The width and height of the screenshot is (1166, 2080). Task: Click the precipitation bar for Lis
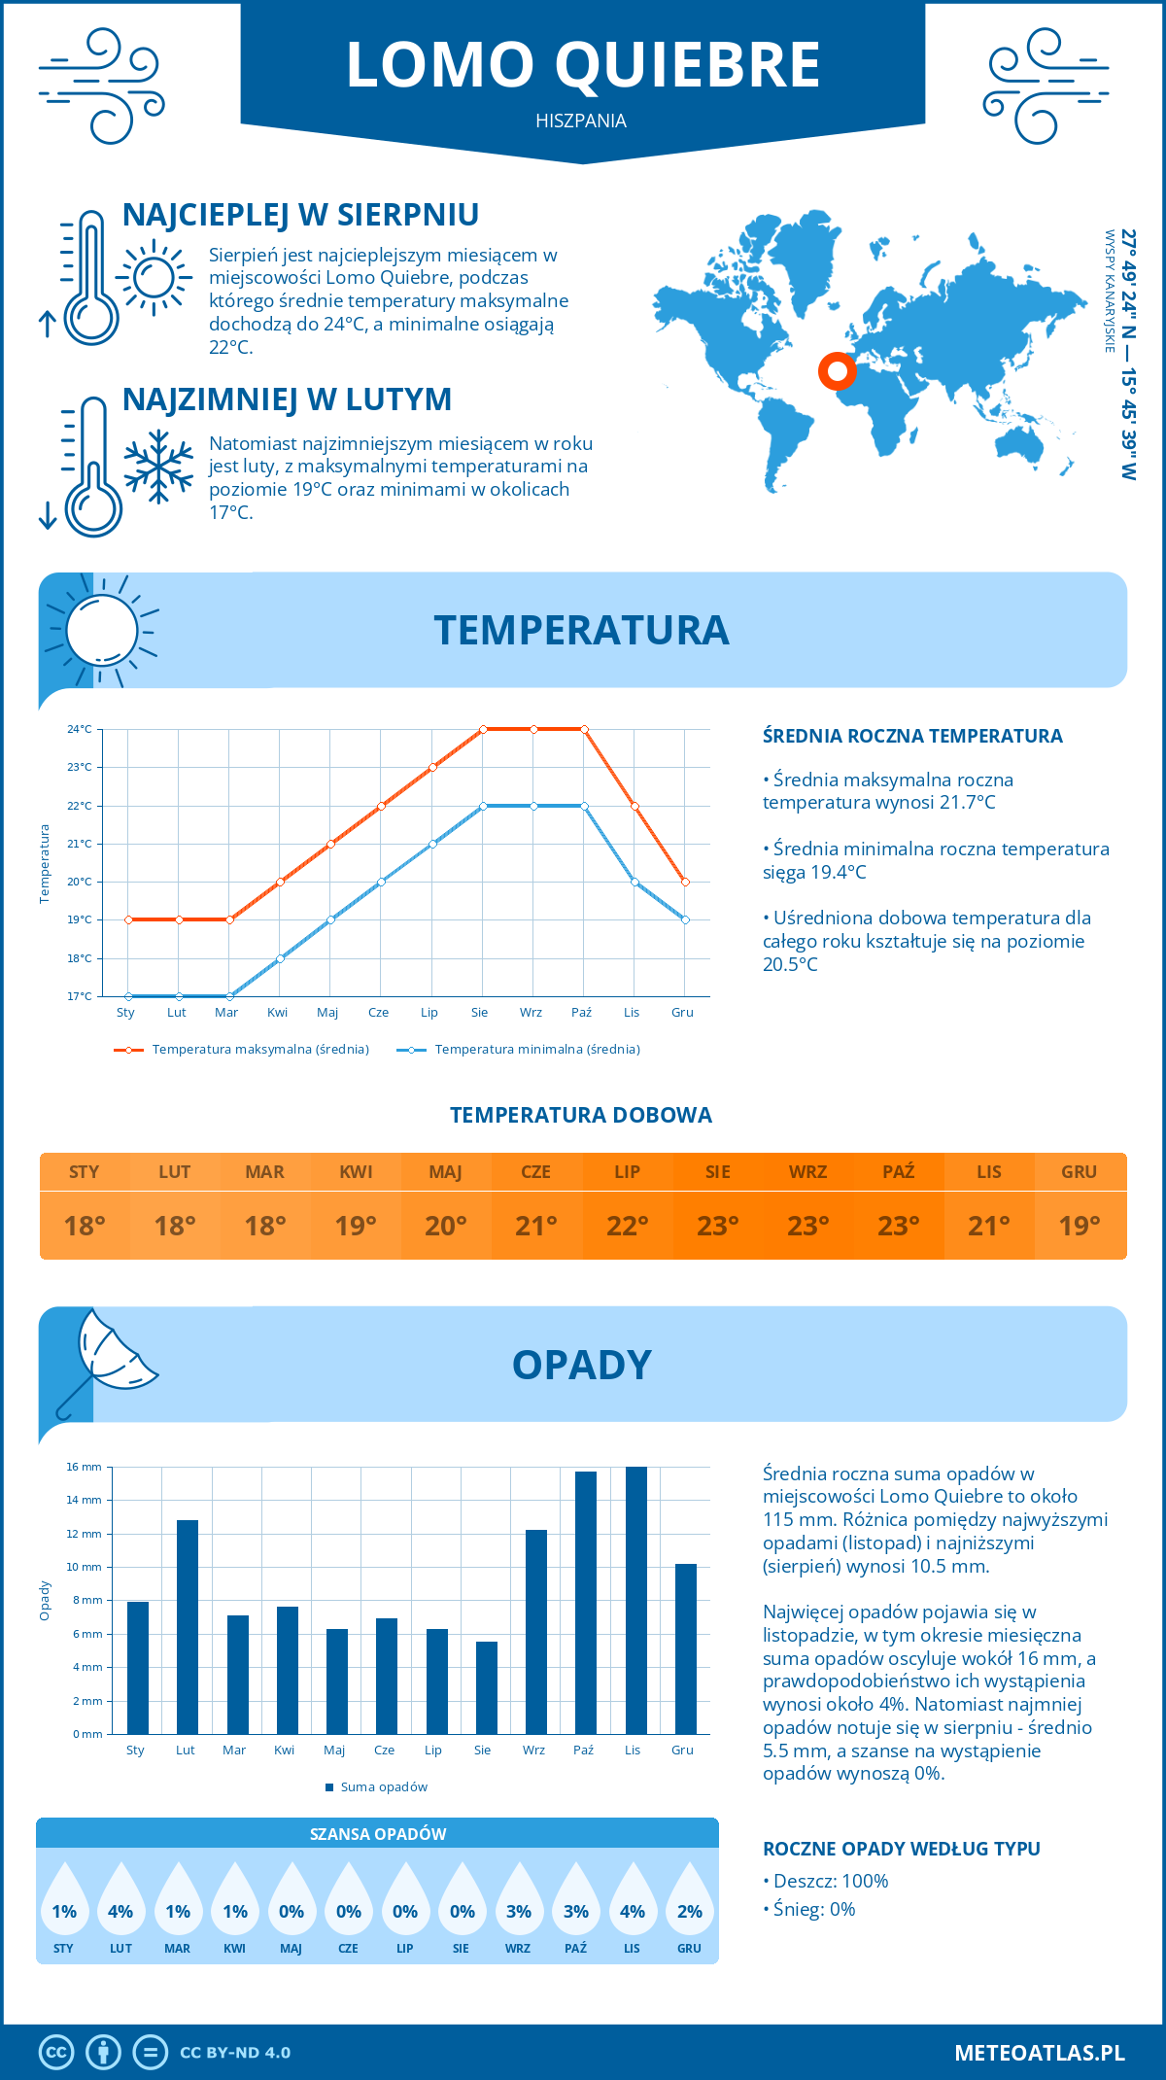tap(635, 1600)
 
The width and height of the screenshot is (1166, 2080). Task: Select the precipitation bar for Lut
tap(188, 1627)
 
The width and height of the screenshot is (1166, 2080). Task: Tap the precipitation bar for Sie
tap(487, 1687)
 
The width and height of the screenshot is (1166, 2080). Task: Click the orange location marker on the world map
tap(837, 370)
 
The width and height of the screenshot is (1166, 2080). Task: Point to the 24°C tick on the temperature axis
tap(80, 729)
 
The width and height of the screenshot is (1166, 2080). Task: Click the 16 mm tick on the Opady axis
tap(85, 1467)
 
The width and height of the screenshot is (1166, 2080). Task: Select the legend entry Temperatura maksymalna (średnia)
tap(243, 1050)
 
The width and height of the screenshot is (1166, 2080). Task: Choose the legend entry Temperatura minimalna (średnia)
tap(520, 1050)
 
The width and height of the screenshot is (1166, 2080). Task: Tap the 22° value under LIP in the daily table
tap(627, 1226)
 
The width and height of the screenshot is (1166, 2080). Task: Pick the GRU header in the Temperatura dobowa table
tap(1079, 1172)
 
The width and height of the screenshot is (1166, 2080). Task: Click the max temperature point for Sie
tap(483, 729)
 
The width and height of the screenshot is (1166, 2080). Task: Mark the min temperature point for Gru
tap(685, 919)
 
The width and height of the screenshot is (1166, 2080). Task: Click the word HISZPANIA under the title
tap(581, 121)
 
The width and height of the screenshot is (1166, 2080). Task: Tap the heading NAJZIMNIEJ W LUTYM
tap(288, 399)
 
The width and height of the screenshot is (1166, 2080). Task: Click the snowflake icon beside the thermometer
tap(158, 467)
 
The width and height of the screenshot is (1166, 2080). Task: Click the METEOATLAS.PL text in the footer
tap(1040, 2053)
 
